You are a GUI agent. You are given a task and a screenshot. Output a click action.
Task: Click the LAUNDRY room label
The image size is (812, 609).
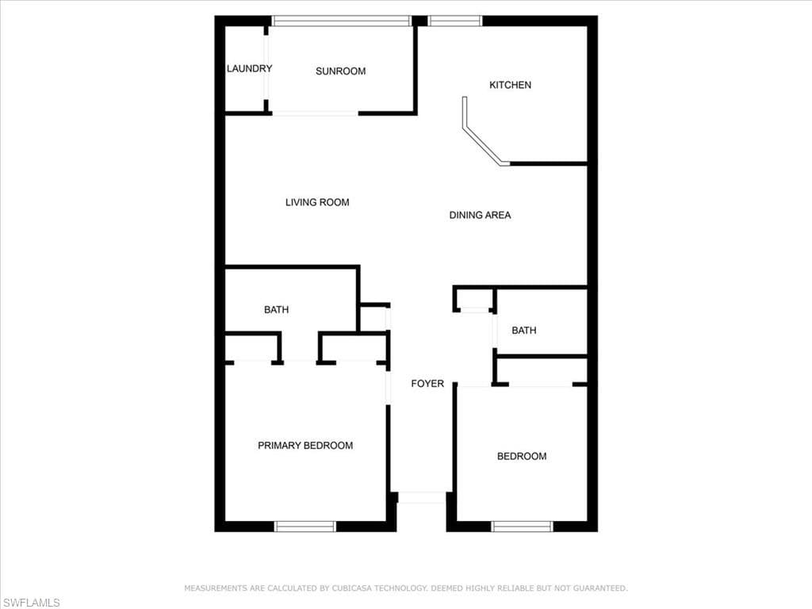(249, 68)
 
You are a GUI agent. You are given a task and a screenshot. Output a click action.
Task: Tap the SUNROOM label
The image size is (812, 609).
(341, 71)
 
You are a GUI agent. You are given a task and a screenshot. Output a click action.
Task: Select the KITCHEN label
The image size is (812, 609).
(510, 85)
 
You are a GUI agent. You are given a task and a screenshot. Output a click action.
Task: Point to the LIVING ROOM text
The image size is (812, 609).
(317, 202)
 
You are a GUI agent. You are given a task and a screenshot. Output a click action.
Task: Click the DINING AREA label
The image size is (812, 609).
(480, 215)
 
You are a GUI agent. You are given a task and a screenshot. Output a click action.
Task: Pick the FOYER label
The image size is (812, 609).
(427, 383)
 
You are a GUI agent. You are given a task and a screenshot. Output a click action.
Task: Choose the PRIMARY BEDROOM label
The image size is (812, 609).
(305, 446)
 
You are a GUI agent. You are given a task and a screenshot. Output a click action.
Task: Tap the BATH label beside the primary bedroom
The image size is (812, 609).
(276, 310)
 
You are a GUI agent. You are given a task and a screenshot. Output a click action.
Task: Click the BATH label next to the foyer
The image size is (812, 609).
(524, 331)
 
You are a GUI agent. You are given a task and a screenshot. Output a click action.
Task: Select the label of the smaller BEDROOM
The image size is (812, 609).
(522, 456)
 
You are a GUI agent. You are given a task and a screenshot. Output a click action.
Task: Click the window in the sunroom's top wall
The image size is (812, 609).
(342, 21)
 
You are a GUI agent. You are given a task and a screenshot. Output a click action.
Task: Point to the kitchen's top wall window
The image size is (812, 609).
(454, 21)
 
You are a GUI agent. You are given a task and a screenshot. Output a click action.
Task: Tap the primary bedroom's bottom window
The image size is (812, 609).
(305, 527)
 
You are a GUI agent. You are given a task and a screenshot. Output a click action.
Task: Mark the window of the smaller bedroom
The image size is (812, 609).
(522, 527)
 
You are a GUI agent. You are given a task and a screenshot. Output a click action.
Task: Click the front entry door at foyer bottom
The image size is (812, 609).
(422, 498)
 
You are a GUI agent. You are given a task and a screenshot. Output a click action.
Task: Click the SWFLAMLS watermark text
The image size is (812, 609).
(31, 603)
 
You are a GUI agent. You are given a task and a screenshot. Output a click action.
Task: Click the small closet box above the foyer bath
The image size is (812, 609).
(475, 299)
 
